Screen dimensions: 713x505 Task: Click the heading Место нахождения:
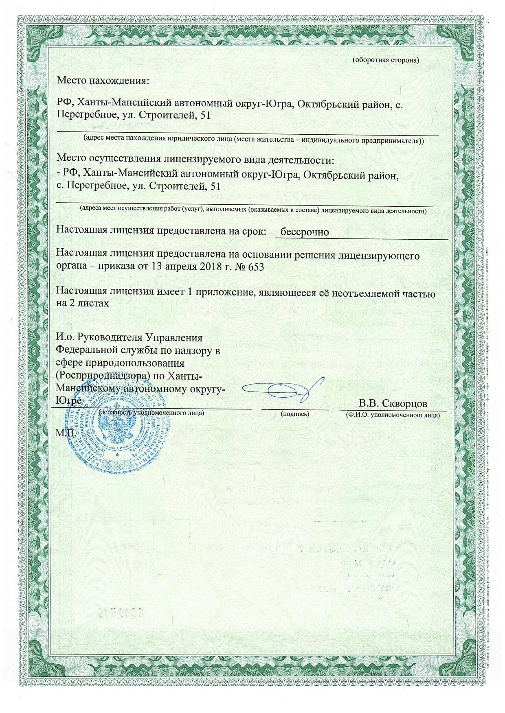(x=103, y=80)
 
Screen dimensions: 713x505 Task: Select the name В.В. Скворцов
(x=393, y=403)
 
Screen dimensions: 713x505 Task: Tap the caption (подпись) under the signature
(x=295, y=414)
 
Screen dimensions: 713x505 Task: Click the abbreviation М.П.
(x=66, y=433)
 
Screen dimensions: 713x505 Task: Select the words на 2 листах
(x=83, y=304)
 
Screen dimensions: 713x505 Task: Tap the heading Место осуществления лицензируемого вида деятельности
(x=195, y=158)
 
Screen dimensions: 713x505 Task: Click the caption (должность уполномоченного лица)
(x=151, y=413)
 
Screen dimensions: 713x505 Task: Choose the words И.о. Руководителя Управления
(x=129, y=338)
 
